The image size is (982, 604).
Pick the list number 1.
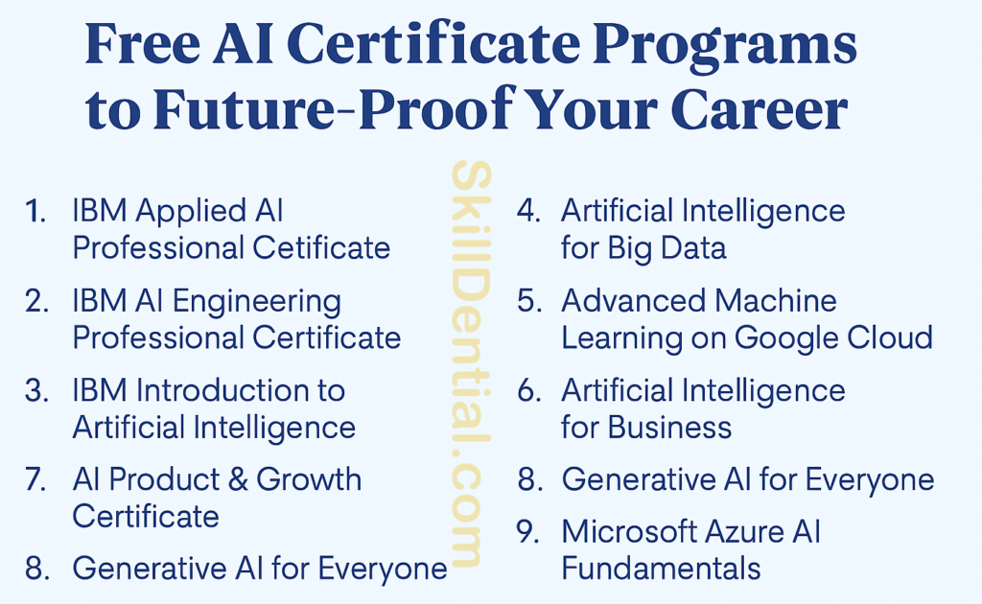(x=36, y=212)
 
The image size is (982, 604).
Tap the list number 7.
(x=36, y=479)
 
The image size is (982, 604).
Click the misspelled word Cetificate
(x=321, y=248)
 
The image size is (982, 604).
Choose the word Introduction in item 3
(x=241, y=390)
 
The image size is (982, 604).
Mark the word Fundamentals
(x=661, y=568)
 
